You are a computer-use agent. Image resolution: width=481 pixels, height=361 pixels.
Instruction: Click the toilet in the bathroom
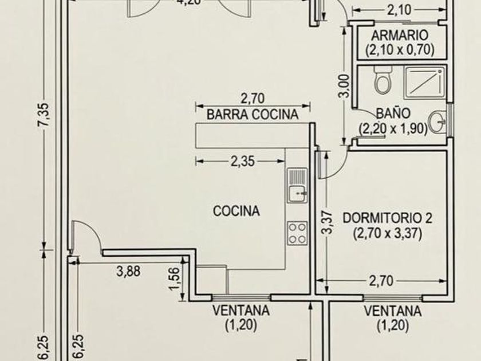(383, 80)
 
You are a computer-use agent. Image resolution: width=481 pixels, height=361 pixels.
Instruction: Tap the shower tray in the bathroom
(424, 83)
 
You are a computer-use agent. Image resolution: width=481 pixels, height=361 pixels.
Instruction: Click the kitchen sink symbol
(297, 186)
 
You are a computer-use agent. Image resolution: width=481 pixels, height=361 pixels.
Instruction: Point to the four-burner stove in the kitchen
(297, 233)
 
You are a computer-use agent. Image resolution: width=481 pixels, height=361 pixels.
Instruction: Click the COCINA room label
(236, 211)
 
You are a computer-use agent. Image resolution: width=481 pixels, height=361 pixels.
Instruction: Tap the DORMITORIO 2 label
(387, 218)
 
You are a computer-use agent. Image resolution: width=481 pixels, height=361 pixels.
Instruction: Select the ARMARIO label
(400, 36)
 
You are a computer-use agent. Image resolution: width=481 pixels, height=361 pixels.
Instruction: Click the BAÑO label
(393, 113)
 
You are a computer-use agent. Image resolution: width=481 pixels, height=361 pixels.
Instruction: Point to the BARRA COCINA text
(253, 115)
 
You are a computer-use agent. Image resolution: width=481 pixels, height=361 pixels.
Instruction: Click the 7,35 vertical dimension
(44, 114)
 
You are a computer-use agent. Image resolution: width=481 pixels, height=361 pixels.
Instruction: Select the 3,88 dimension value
(128, 272)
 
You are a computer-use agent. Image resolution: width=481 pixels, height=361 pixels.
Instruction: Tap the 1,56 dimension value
(174, 278)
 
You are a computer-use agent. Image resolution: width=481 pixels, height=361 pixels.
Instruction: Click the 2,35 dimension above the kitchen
(242, 161)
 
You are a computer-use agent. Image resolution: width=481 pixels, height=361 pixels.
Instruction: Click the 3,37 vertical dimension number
(328, 222)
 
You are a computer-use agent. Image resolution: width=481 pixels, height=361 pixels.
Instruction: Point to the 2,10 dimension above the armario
(399, 10)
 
